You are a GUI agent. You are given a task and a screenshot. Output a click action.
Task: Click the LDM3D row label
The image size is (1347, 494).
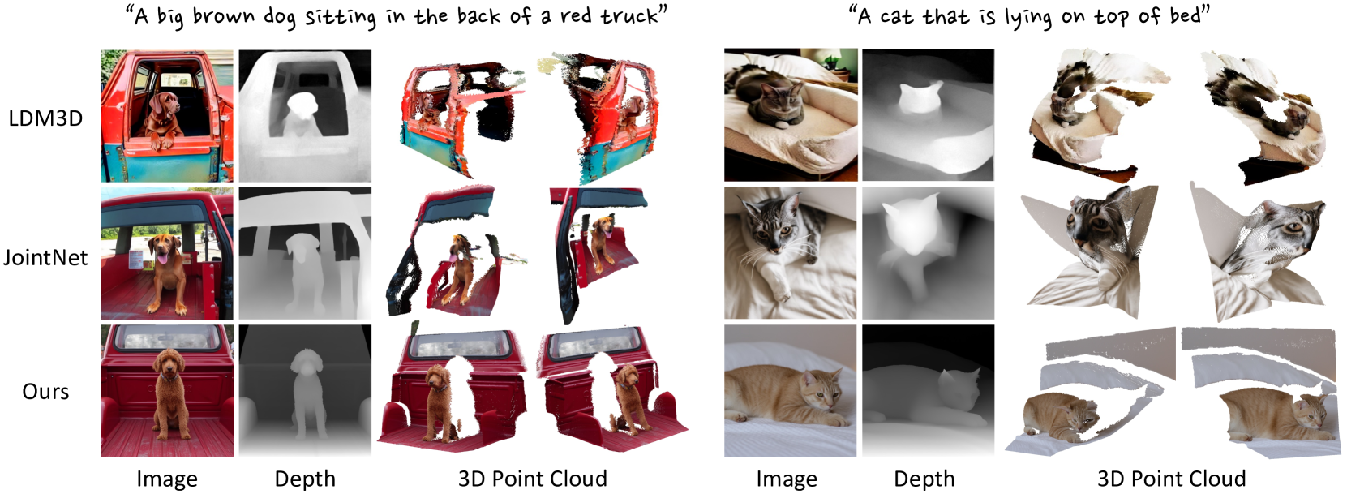point(45,118)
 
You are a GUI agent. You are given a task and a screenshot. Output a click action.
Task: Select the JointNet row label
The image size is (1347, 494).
point(45,257)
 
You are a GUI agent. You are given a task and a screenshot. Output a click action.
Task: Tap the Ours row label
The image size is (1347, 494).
point(45,392)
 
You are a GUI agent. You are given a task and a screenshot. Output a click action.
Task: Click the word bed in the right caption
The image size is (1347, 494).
point(1185,15)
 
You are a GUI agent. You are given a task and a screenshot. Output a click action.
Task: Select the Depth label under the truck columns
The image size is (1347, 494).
point(305,479)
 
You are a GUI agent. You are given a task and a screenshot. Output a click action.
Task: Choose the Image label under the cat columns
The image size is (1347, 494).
point(787,479)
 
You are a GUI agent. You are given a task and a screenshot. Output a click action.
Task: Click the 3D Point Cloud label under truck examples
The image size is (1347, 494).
point(532,479)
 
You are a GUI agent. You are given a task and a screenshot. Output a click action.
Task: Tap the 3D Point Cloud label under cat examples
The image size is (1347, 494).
point(1171,479)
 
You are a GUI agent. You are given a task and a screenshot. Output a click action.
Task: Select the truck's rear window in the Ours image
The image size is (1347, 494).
point(166,337)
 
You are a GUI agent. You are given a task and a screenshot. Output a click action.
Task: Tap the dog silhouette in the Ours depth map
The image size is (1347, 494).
point(306,394)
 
